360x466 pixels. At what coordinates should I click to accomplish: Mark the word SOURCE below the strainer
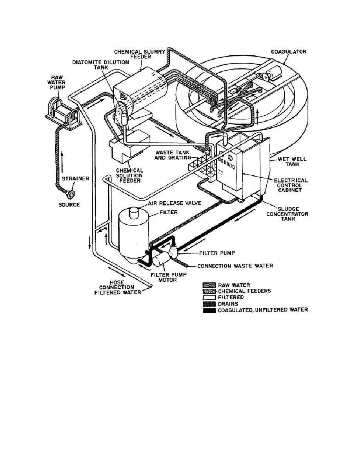click(x=69, y=204)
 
